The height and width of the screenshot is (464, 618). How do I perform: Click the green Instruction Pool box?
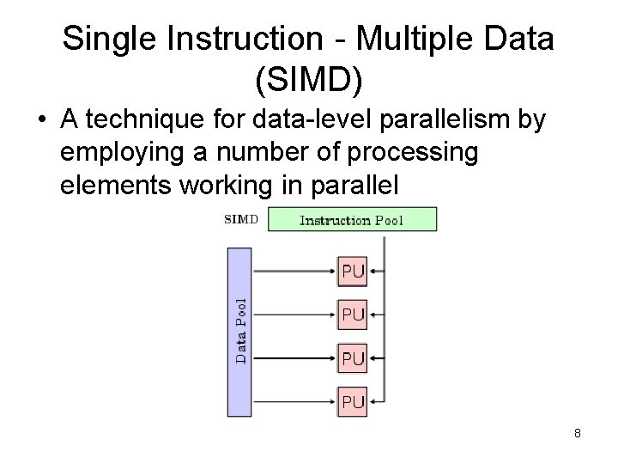[x=352, y=220]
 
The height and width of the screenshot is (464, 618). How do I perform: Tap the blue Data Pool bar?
[x=239, y=331]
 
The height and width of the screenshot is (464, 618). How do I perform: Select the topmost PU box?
[x=353, y=272]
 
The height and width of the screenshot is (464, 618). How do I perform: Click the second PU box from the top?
[x=353, y=314]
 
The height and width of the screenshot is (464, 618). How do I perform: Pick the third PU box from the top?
[x=353, y=357]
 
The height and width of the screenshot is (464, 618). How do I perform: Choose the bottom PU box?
[x=353, y=400]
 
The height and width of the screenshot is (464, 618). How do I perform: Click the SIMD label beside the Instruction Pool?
[x=240, y=218]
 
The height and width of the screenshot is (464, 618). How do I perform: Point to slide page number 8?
[x=578, y=434]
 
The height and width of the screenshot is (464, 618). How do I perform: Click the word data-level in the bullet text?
[x=324, y=122]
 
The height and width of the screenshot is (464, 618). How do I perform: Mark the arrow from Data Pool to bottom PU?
[x=292, y=400]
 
